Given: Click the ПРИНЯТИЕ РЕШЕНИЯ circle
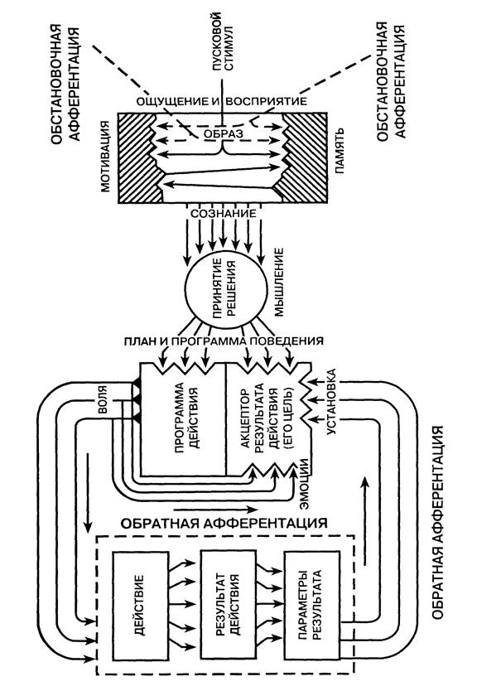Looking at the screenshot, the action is pos(225,288).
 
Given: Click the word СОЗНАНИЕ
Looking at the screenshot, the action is pos(224,213).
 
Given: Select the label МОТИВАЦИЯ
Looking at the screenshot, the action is pos(106,156).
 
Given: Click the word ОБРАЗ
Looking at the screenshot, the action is pos(224,133).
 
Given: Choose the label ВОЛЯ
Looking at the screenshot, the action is pos(102,400).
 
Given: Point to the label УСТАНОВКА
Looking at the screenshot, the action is pos(332,402).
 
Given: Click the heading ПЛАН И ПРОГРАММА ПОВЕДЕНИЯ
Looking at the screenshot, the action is pos(224,341).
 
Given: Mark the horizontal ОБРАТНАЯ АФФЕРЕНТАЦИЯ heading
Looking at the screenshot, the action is pos(224,523).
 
